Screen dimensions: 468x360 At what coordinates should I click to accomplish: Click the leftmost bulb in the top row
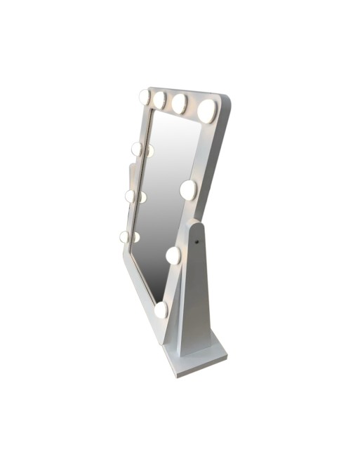pyautogui.click(x=145, y=97)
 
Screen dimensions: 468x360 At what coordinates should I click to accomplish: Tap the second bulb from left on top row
pyautogui.click(x=160, y=100)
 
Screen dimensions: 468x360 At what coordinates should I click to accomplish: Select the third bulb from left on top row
pyautogui.click(x=180, y=104)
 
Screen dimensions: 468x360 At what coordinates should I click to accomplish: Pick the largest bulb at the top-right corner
pyautogui.click(x=208, y=110)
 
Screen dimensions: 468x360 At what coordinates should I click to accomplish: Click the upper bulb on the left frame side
pyautogui.click(x=137, y=149)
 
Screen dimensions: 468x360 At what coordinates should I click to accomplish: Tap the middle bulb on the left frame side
pyautogui.click(x=131, y=196)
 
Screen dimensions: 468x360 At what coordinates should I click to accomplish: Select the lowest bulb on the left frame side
pyautogui.click(x=125, y=237)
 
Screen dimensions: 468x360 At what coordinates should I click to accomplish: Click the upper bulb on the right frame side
pyautogui.click(x=188, y=189)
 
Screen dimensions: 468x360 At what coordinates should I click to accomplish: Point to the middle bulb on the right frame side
pyautogui.click(x=173, y=255)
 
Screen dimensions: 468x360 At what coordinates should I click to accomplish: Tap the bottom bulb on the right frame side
pyautogui.click(x=161, y=309)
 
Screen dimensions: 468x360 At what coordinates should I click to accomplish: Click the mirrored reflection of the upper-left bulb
pyautogui.click(x=149, y=150)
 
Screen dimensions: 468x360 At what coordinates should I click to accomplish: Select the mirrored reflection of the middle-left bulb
pyautogui.click(x=142, y=197)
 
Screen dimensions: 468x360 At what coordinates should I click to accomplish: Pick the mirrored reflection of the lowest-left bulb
pyautogui.click(x=136, y=237)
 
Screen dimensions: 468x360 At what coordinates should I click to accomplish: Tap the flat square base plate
pyautogui.click(x=200, y=361)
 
